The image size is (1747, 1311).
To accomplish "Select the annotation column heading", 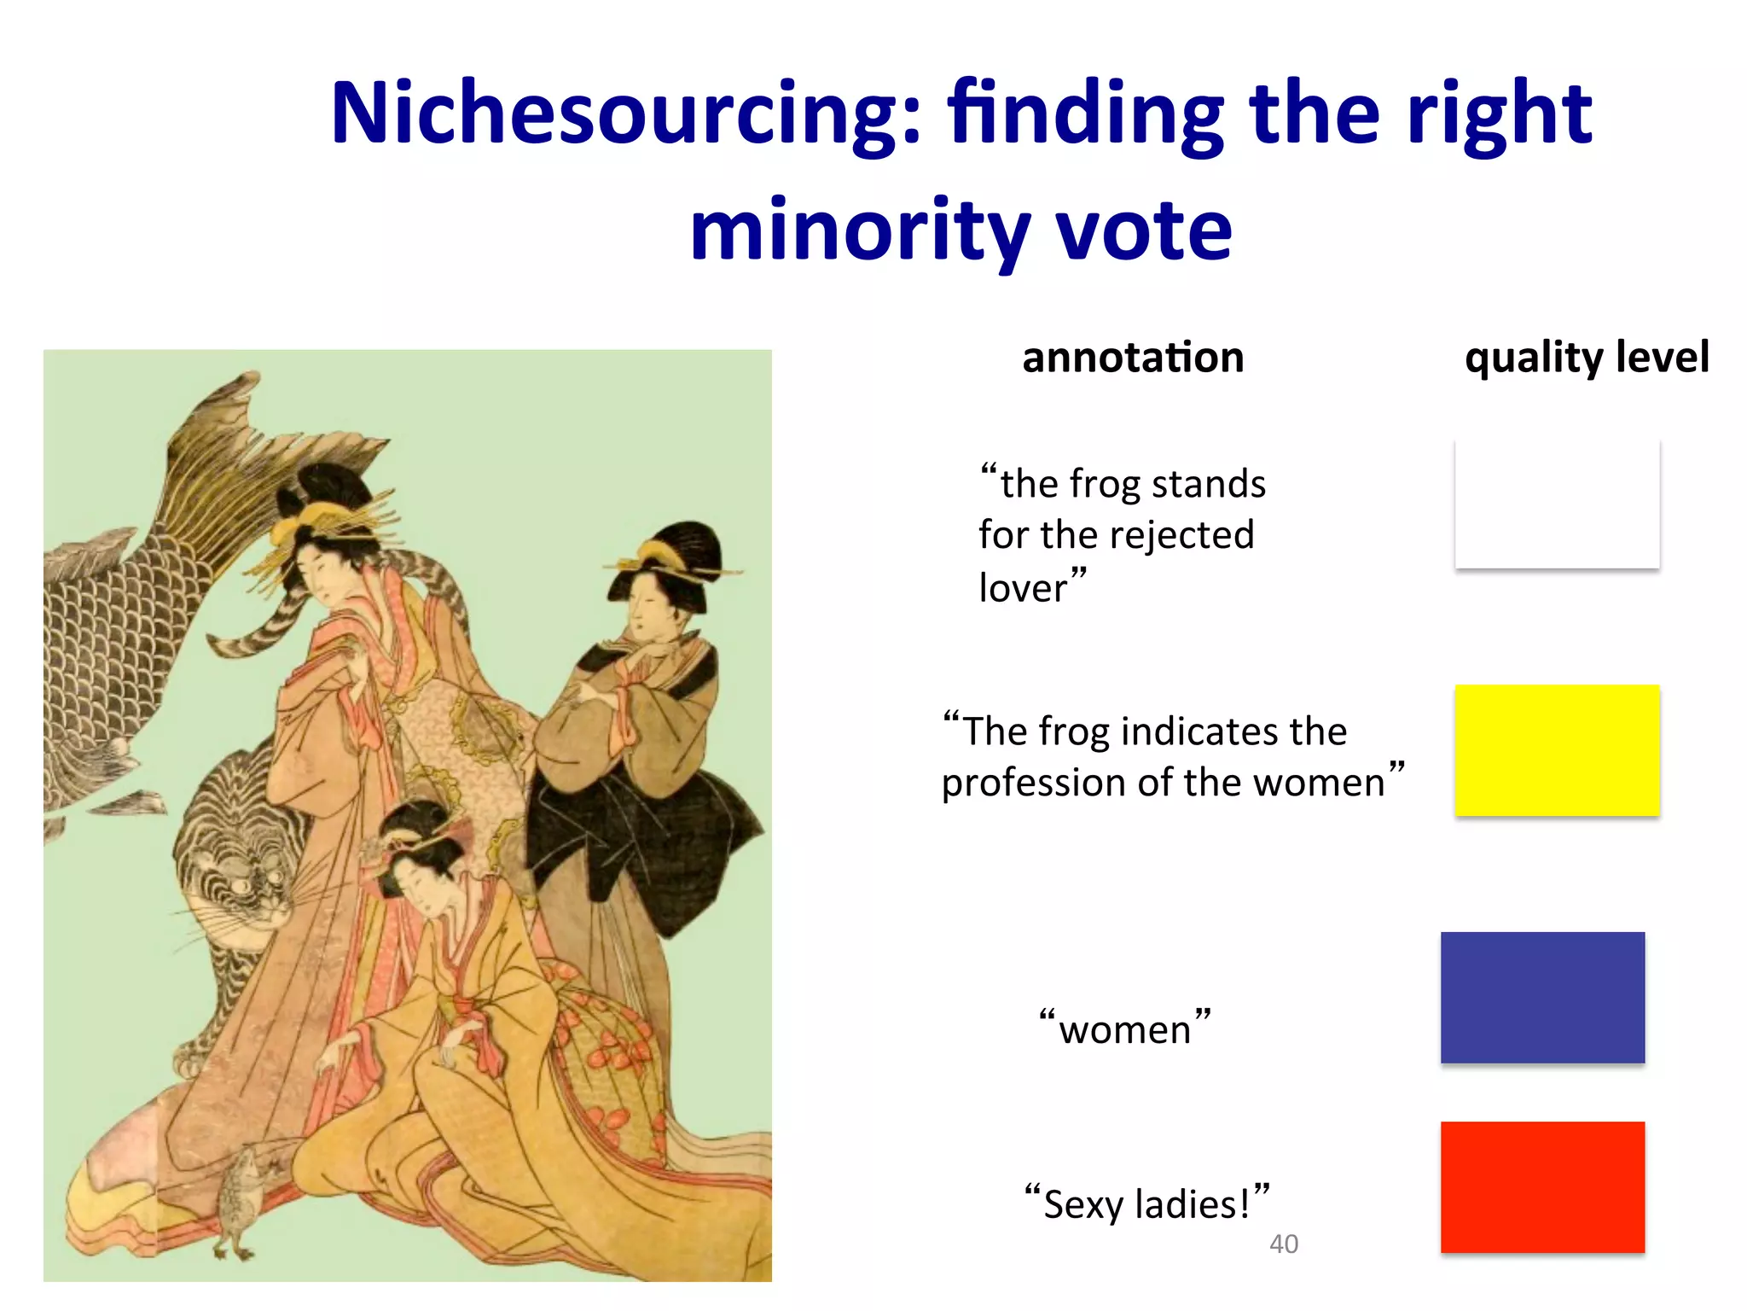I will pyautogui.click(x=1133, y=358).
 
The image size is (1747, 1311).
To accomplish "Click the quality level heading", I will pyautogui.click(x=1587, y=358).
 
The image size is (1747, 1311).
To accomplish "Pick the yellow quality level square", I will pyautogui.click(x=1557, y=750).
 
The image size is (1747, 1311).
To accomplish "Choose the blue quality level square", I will pyautogui.click(x=1542, y=997).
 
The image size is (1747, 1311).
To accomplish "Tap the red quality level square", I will pyautogui.click(x=1542, y=1187).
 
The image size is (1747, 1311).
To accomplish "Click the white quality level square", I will pyautogui.click(x=1557, y=504).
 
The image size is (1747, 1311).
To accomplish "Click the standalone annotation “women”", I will pyautogui.click(x=1125, y=1029).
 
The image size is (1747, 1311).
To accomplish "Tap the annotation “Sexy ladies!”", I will pyautogui.click(x=1146, y=1204).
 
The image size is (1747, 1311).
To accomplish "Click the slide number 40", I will pyautogui.click(x=1284, y=1244).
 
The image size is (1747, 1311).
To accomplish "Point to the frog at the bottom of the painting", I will pyautogui.click(x=239, y=1199).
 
